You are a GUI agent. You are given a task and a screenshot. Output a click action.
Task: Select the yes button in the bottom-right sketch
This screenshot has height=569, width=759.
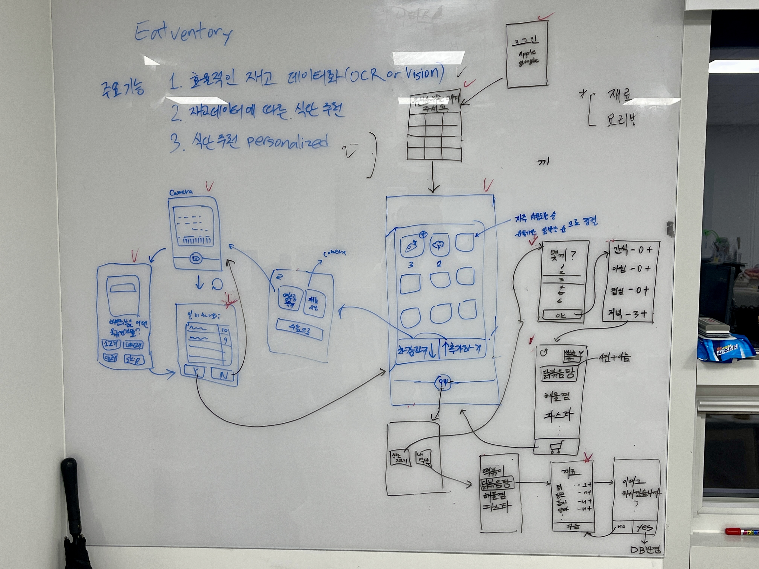644,527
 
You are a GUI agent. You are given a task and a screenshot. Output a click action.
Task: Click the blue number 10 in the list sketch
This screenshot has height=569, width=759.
225,330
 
